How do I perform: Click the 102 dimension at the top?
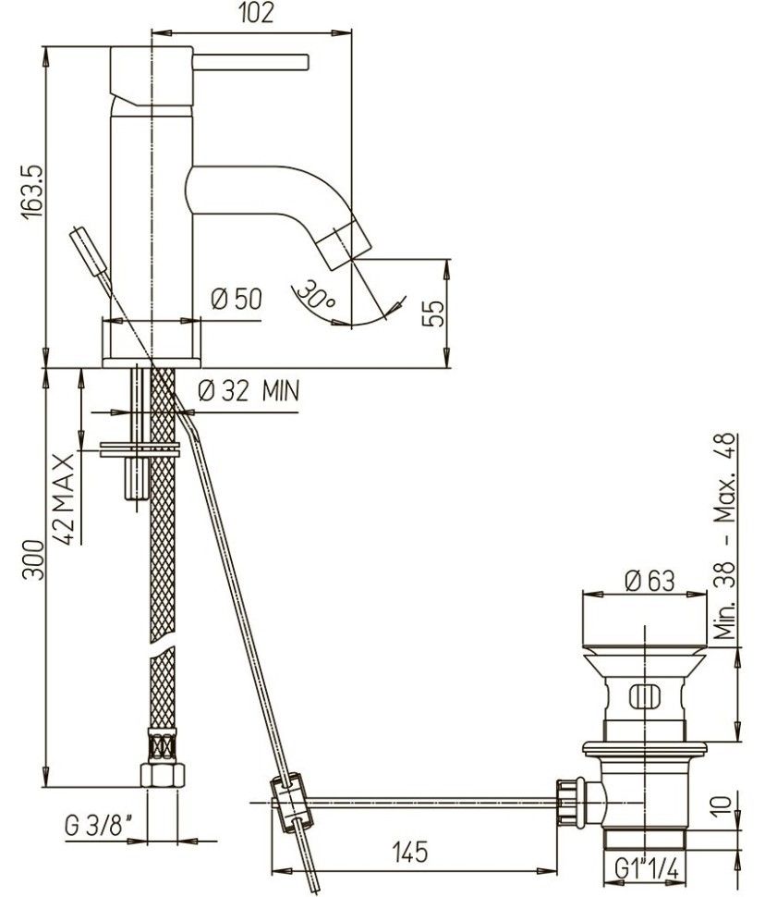(256, 13)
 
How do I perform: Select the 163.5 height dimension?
(32, 191)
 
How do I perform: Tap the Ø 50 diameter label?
(237, 299)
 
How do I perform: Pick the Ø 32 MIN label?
(249, 391)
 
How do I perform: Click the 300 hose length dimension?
(33, 559)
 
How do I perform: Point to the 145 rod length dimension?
(410, 852)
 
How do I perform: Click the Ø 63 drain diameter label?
(650, 581)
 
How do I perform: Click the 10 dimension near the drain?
(722, 804)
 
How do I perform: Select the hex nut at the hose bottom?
(163, 775)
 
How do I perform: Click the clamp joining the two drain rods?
(293, 802)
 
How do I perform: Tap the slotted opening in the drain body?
(644, 696)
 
